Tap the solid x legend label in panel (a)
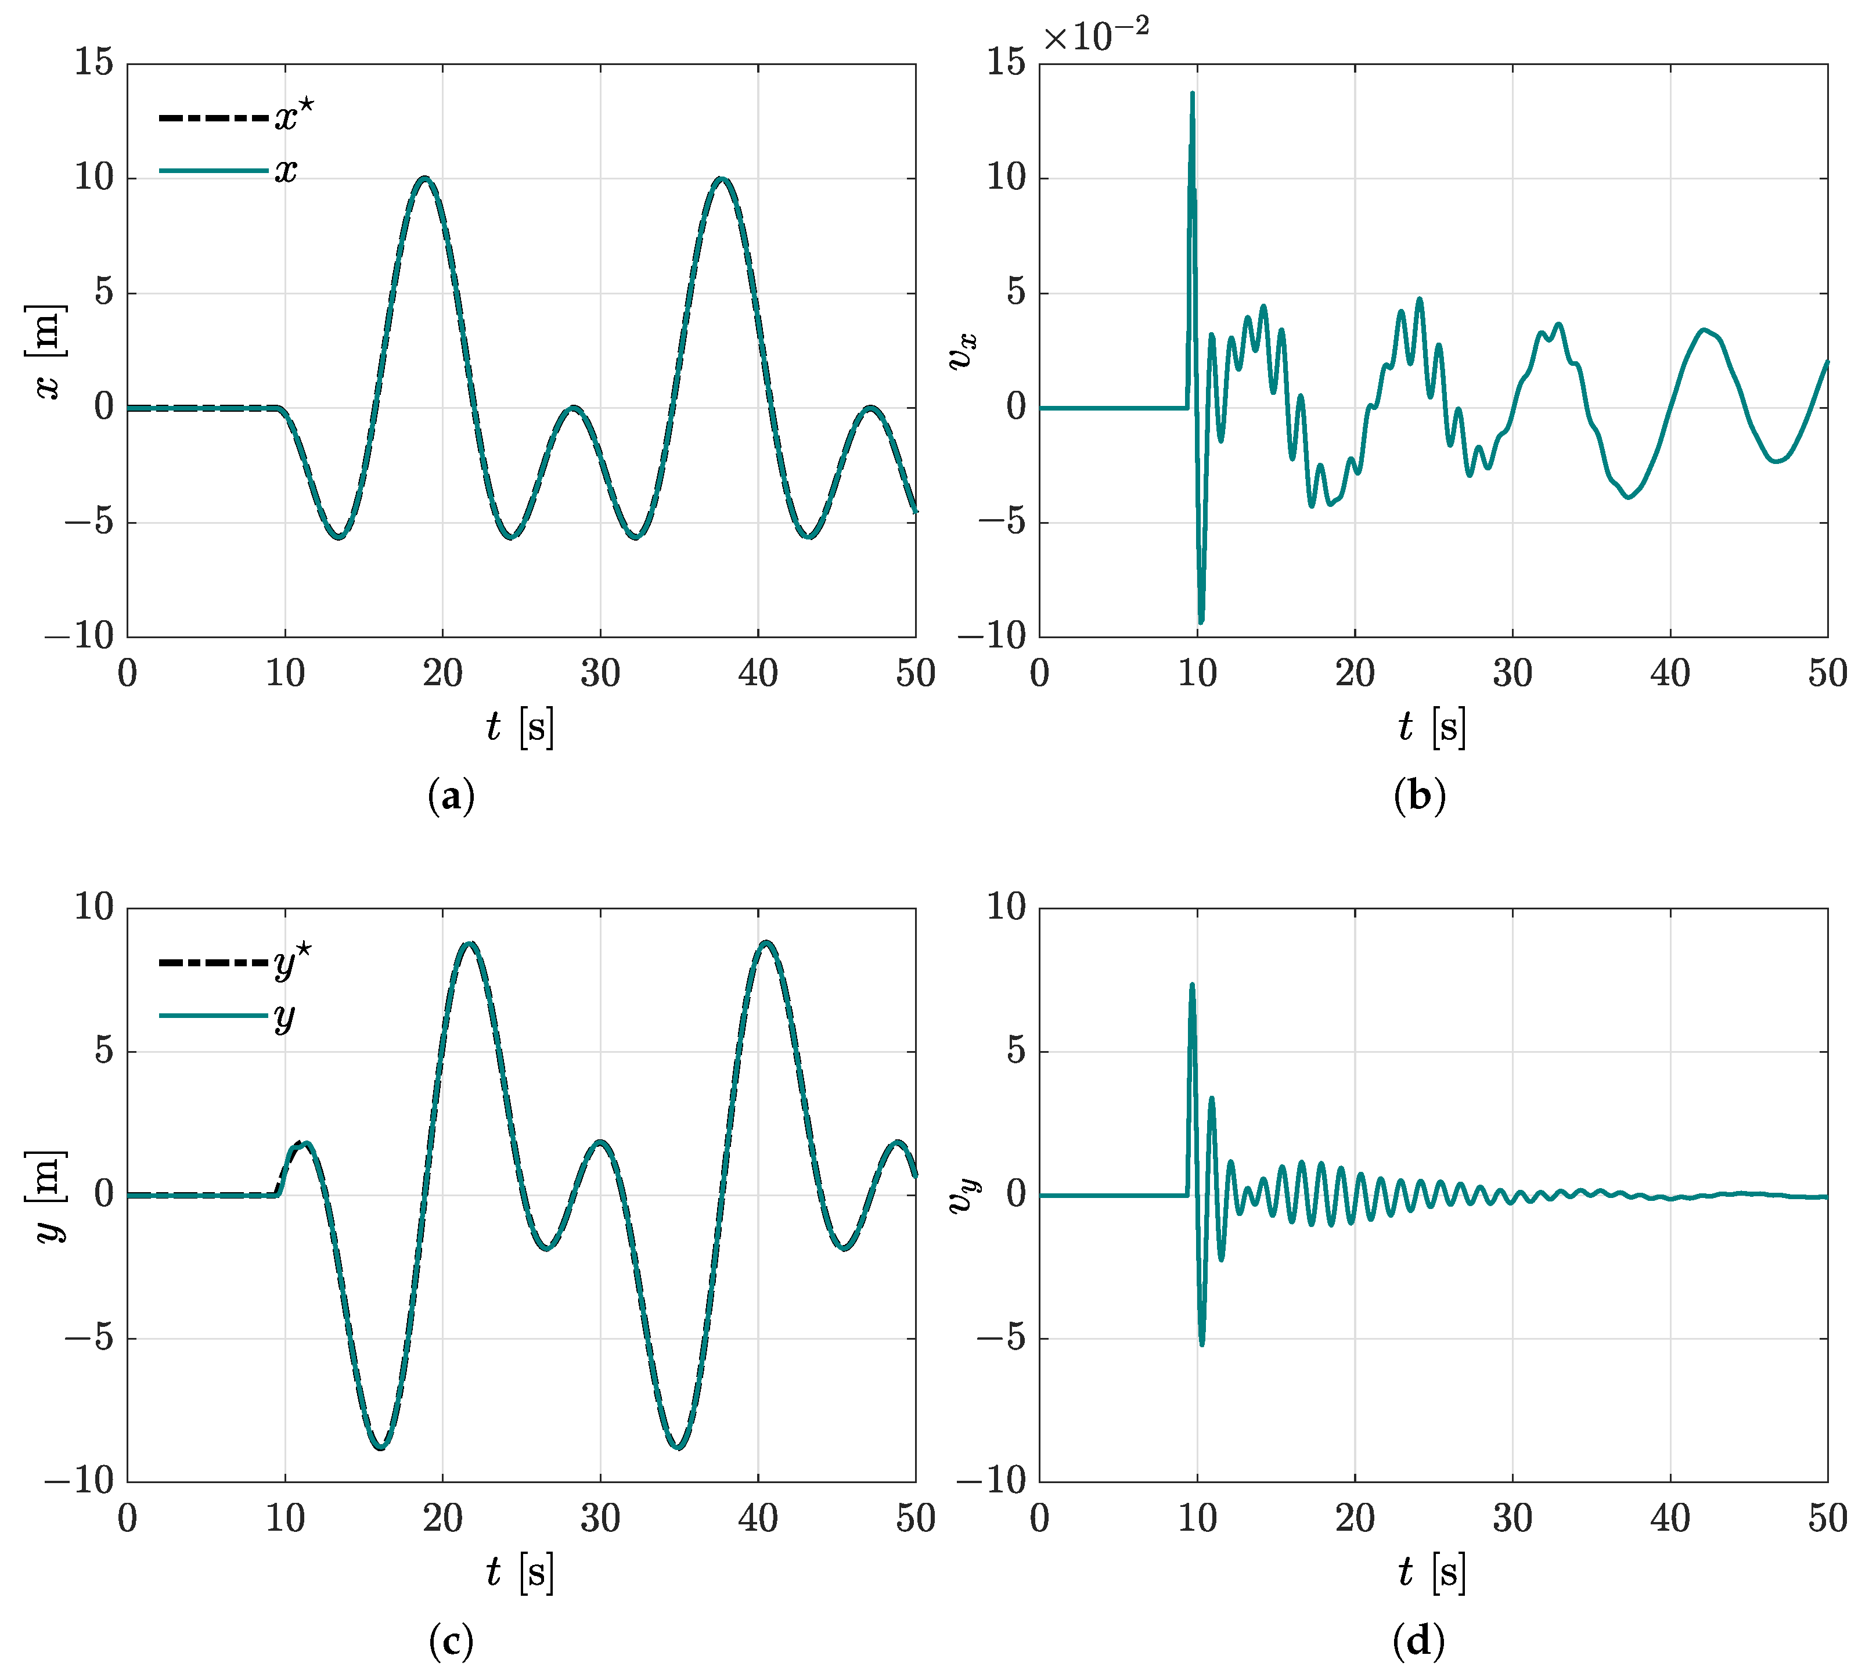(286, 170)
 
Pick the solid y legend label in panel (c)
(284, 1017)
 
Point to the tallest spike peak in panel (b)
(1192, 93)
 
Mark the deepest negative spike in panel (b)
(1200, 623)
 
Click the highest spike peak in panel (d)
(1192, 984)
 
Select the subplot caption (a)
(451, 796)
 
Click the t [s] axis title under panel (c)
(520, 1572)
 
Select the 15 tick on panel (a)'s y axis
(93, 63)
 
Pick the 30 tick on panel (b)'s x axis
(1513, 674)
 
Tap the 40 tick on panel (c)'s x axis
(758, 1519)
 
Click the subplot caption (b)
(1419, 796)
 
